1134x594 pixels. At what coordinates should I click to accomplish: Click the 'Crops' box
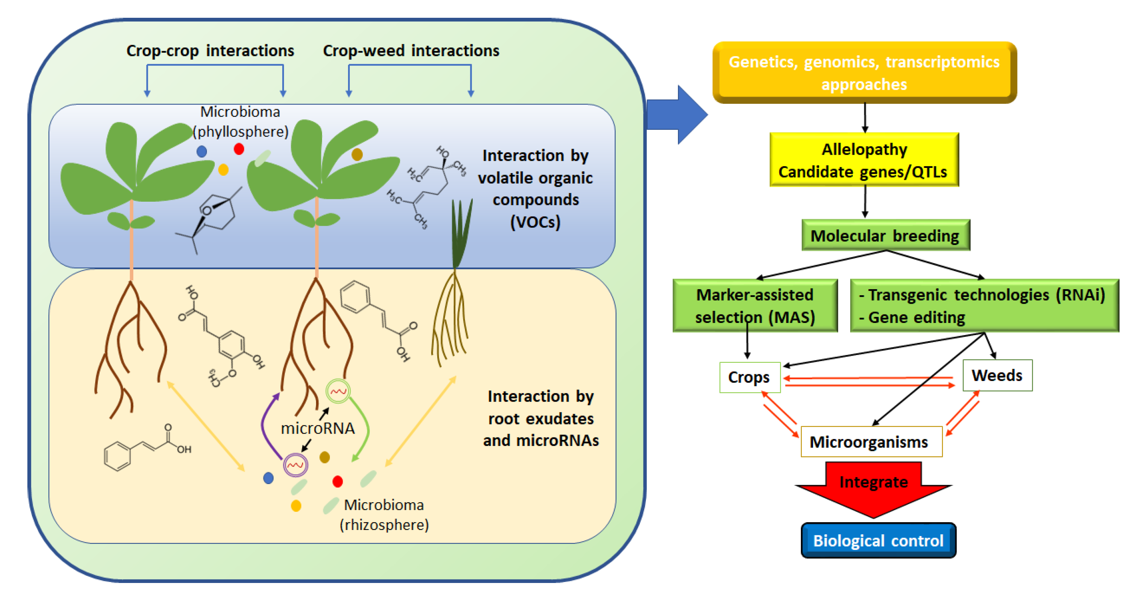[749, 377]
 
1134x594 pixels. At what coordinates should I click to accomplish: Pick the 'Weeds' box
[997, 376]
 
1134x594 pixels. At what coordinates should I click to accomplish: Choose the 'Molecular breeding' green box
[885, 235]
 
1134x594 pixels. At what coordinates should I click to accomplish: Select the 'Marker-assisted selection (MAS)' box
[755, 306]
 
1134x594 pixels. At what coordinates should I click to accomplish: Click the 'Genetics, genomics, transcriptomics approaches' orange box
[864, 73]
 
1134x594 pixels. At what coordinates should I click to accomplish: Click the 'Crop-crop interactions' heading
[210, 51]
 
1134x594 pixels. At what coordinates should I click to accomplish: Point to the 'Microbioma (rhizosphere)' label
[384, 515]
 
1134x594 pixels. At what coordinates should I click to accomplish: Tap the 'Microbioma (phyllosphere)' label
[240, 122]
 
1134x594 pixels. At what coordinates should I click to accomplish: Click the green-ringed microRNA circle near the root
[338, 391]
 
